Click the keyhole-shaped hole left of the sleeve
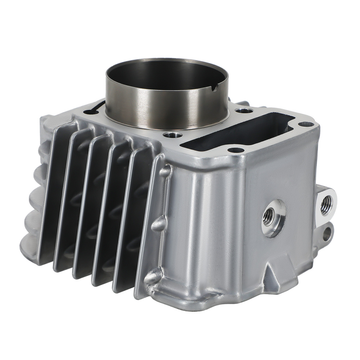96,108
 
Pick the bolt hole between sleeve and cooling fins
169,136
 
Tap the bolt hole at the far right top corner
306,124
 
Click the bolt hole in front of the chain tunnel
236,150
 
